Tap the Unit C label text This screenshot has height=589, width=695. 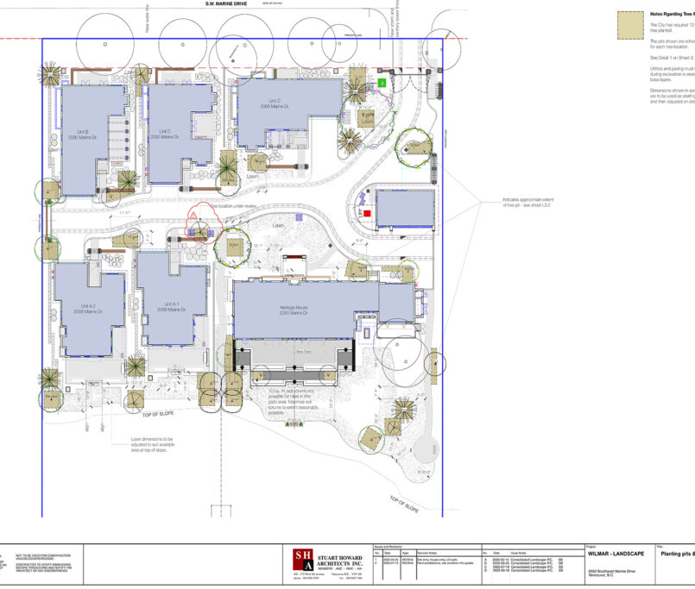click(x=275, y=103)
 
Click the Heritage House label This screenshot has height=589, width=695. click(x=294, y=310)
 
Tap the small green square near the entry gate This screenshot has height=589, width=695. click(x=382, y=83)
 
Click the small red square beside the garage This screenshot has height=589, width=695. click(x=367, y=212)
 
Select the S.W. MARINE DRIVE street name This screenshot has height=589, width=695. click(x=226, y=3)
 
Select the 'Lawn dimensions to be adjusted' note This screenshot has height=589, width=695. click(x=152, y=443)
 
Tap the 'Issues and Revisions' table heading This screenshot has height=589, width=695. click(x=390, y=546)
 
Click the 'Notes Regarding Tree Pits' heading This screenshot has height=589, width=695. click(x=671, y=14)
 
